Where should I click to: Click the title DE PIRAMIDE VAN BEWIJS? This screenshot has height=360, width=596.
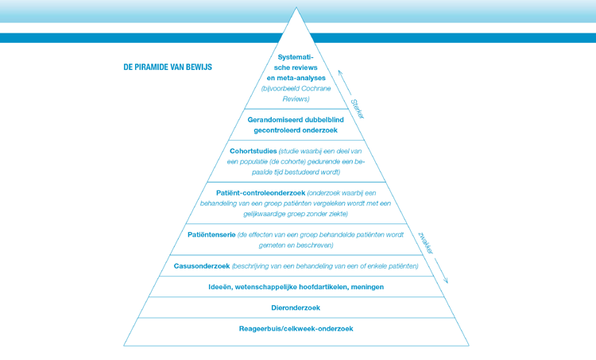[168, 68]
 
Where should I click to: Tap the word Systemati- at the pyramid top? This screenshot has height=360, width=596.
[296, 57]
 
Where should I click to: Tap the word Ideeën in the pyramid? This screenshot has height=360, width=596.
[221, 287]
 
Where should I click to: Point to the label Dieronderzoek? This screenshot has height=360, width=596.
[296, 308]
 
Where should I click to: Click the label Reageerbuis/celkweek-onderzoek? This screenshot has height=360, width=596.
[296, 328]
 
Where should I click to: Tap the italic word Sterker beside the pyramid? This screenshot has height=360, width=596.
[357, 108]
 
